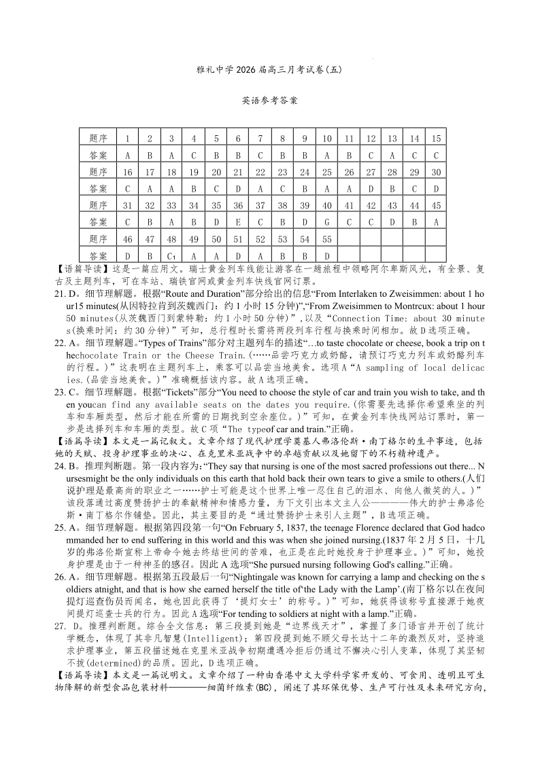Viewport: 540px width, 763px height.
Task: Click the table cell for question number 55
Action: point(326,239)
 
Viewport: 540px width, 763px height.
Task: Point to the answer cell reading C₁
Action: point(172,256)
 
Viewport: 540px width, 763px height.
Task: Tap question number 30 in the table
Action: point(436,171)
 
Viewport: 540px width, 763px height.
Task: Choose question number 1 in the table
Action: point(127,138)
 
